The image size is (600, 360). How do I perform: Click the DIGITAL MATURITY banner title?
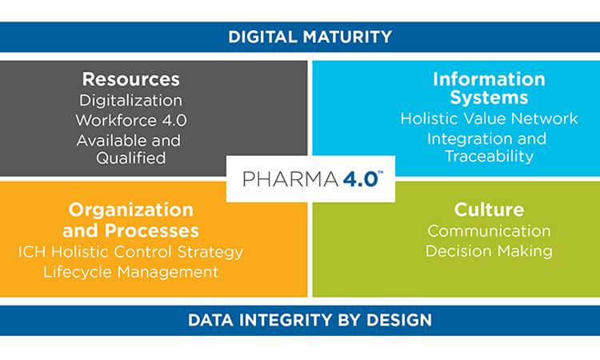(x=310, y=37)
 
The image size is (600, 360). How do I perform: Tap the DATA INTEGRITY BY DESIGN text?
(x=310, y=320)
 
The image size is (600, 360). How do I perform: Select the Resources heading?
(x=131, y=79)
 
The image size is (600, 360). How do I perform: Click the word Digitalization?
(x=131, y=101)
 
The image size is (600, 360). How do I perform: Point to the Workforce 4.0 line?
(x=131, y=121)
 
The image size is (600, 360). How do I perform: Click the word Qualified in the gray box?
(x=131, y=158)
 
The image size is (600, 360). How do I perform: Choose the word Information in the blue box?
(x=489, y=79)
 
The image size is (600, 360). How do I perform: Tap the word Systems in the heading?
(x=489, y=98)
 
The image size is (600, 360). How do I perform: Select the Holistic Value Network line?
(x=489, y=118)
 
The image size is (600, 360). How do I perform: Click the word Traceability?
(x=489, y=156)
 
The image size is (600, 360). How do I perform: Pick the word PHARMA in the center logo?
(x=291, y=179)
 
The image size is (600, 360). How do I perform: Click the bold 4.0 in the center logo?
(x=361, y=179)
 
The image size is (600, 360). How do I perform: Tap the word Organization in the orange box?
(x=131, y=210)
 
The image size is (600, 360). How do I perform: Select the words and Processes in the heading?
(x=131, y=230)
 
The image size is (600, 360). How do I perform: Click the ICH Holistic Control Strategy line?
(x=131, y=252)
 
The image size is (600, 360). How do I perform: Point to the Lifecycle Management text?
(x=131, y=272)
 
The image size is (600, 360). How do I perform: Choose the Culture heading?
(x=489, y=210)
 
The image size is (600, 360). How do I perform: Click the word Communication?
(x=489, y=231)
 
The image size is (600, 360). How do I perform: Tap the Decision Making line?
(x=489, y=251)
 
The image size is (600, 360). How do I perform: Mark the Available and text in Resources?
(x=129, y=141)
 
